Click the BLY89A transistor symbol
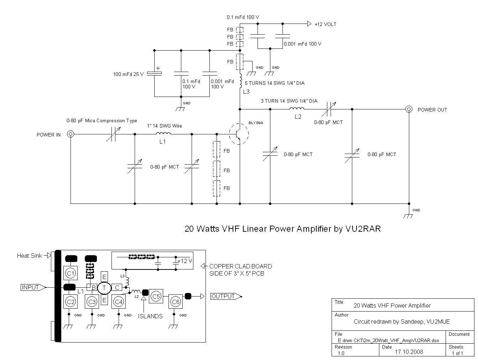[x=238, y=134]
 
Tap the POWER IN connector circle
[x=71, y=134]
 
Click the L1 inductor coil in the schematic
[x=163, y=134]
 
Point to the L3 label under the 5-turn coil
[x=246, y=92]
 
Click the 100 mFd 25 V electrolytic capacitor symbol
[x=155, y=73]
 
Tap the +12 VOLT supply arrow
[x=309, y=24]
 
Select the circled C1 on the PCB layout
[x=71, y=273]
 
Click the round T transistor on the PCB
[x=104, y=287]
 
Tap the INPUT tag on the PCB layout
[x=30, y=287]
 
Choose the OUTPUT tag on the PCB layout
[x=223, y=296]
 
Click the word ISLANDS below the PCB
[x=150, y=316]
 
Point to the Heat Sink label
[x=29, y=256]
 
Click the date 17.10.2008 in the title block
[x=409, y=352]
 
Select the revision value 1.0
[x=341, y=353]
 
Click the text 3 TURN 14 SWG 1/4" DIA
[x=289, y=101]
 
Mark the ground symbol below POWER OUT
[x=409, y=215]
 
